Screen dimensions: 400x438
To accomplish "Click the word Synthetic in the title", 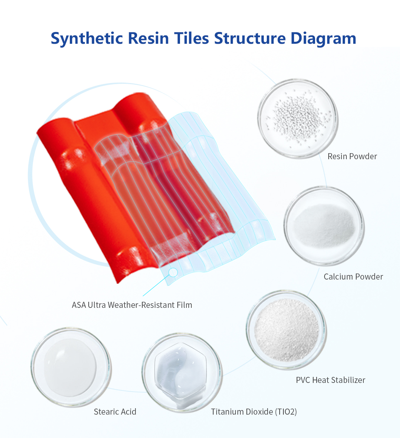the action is coord(87,38).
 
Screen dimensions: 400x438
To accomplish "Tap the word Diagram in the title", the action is coord(323,38).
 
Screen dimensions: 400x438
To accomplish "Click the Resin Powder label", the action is coord(352,156).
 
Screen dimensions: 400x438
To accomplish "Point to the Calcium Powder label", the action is coord(353,277).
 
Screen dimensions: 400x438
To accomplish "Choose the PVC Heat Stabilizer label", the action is coord(331,380).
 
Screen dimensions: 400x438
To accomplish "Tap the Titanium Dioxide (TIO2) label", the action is coord(254,412).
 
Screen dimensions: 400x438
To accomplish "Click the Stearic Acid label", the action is coord(115,412).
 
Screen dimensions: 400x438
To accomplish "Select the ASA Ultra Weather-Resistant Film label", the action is coord(132,305).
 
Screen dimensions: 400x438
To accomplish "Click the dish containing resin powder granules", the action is coord(298,118).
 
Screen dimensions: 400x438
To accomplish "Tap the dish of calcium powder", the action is coord(324,226).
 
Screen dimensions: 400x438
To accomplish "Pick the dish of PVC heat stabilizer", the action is coord(286,330).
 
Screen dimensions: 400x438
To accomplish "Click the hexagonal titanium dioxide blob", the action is coord(181,371).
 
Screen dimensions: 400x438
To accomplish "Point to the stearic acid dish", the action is coord(71,367).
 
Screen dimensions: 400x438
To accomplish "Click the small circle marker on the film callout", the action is coord(173,272).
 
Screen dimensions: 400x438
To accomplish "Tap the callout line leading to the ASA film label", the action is coord(156,286).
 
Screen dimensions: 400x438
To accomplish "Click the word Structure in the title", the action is coord(250,38).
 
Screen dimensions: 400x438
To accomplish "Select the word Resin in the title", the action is coord(148,38).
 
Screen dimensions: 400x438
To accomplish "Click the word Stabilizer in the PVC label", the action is coord(348,380).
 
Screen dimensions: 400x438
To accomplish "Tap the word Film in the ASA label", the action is coord(185,305).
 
